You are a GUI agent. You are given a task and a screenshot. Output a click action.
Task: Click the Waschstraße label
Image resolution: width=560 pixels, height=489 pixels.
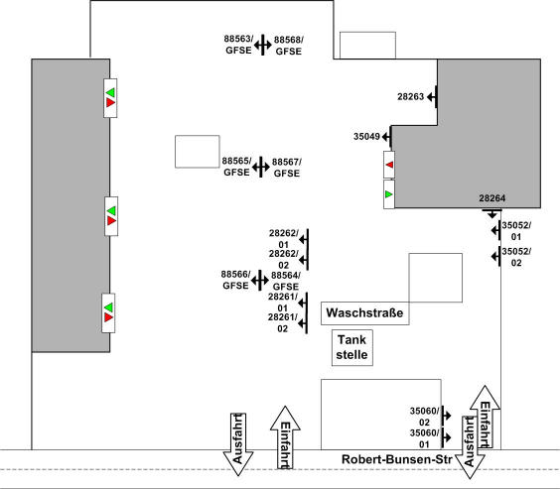click(x=364, y=312)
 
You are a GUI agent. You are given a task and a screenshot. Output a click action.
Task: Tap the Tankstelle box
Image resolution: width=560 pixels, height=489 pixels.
click(x=352, y=348)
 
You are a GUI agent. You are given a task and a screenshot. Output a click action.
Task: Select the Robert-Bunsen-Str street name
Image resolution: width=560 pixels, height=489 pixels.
click(x=397, y=459)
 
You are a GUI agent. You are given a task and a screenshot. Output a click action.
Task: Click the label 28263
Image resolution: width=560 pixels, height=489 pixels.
click(x=411, y=96)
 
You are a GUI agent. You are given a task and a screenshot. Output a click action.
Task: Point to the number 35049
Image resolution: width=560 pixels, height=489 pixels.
click(x=366, y=136)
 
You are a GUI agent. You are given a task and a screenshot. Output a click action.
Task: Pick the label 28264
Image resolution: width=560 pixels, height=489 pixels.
click(x=492, y=198)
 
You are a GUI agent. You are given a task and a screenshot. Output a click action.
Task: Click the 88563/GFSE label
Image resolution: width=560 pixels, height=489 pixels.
click(x=238, y=45)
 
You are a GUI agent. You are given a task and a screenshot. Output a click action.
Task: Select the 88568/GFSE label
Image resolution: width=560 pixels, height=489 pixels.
click(x=289, y=46)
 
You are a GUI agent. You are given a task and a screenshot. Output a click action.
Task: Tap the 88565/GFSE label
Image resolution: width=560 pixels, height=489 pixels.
click(x=236, y=167)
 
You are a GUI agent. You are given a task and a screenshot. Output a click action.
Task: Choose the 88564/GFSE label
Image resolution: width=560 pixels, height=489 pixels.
click(x=286, y=281)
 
